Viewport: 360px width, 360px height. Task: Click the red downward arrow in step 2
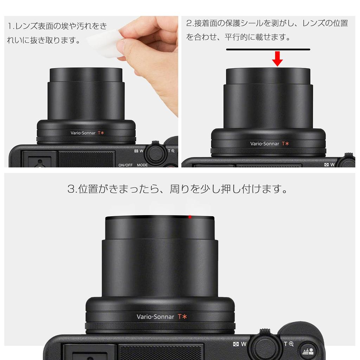click(277, 59)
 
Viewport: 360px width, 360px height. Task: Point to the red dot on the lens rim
click(190, 217)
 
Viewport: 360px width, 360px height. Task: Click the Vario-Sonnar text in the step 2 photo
click(264, 143)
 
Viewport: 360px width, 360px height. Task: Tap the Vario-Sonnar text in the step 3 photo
click(155, 316)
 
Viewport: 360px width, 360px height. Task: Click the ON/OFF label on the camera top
click(126, 165)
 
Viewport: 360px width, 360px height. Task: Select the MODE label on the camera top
click(142, 165)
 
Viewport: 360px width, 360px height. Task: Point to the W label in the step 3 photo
click(243, 344)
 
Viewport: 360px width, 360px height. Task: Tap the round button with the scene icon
click(308, 351)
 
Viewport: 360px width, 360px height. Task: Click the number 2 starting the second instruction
click(189, 24)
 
